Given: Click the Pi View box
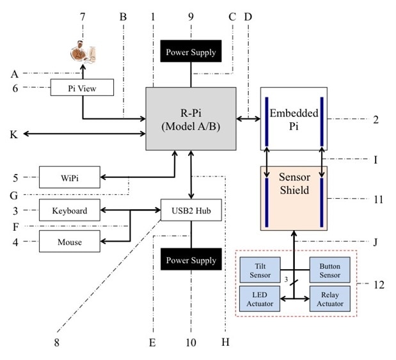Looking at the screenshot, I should point(82,88).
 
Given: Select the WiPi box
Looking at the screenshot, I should point(70,177).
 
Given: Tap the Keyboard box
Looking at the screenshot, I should point(70,210).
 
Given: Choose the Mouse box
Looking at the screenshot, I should point(70,242).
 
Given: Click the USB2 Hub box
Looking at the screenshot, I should point(191,209).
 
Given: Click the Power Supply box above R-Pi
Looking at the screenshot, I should point(191,52).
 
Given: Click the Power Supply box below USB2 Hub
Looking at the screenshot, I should point(191,260).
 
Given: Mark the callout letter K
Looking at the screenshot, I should point(13,134).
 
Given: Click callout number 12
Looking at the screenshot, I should point(379,284).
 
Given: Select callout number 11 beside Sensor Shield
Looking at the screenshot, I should point(377,200).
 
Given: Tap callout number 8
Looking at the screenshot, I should point(56,342).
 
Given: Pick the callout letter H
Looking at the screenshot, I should point(225,342).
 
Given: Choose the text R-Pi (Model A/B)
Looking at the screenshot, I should point(191,118).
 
